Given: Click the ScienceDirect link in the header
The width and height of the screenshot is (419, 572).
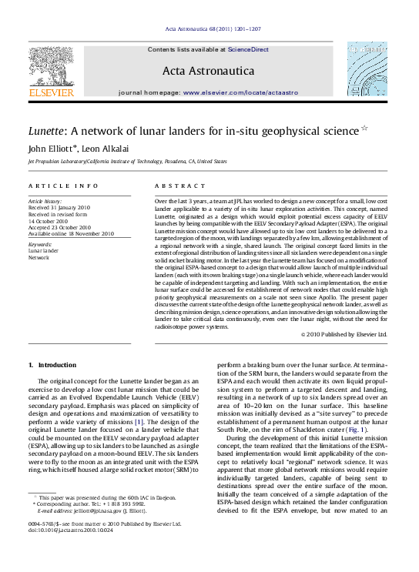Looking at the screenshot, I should coord(248,49).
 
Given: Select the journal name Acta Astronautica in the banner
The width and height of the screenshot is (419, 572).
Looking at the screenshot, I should coord(208,71).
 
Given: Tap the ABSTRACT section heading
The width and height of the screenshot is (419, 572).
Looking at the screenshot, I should coord(179,186).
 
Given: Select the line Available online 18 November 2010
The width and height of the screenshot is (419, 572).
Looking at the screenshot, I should coord(71,233).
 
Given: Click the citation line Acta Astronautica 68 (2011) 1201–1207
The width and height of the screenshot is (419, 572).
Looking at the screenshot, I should coord(213,29).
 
